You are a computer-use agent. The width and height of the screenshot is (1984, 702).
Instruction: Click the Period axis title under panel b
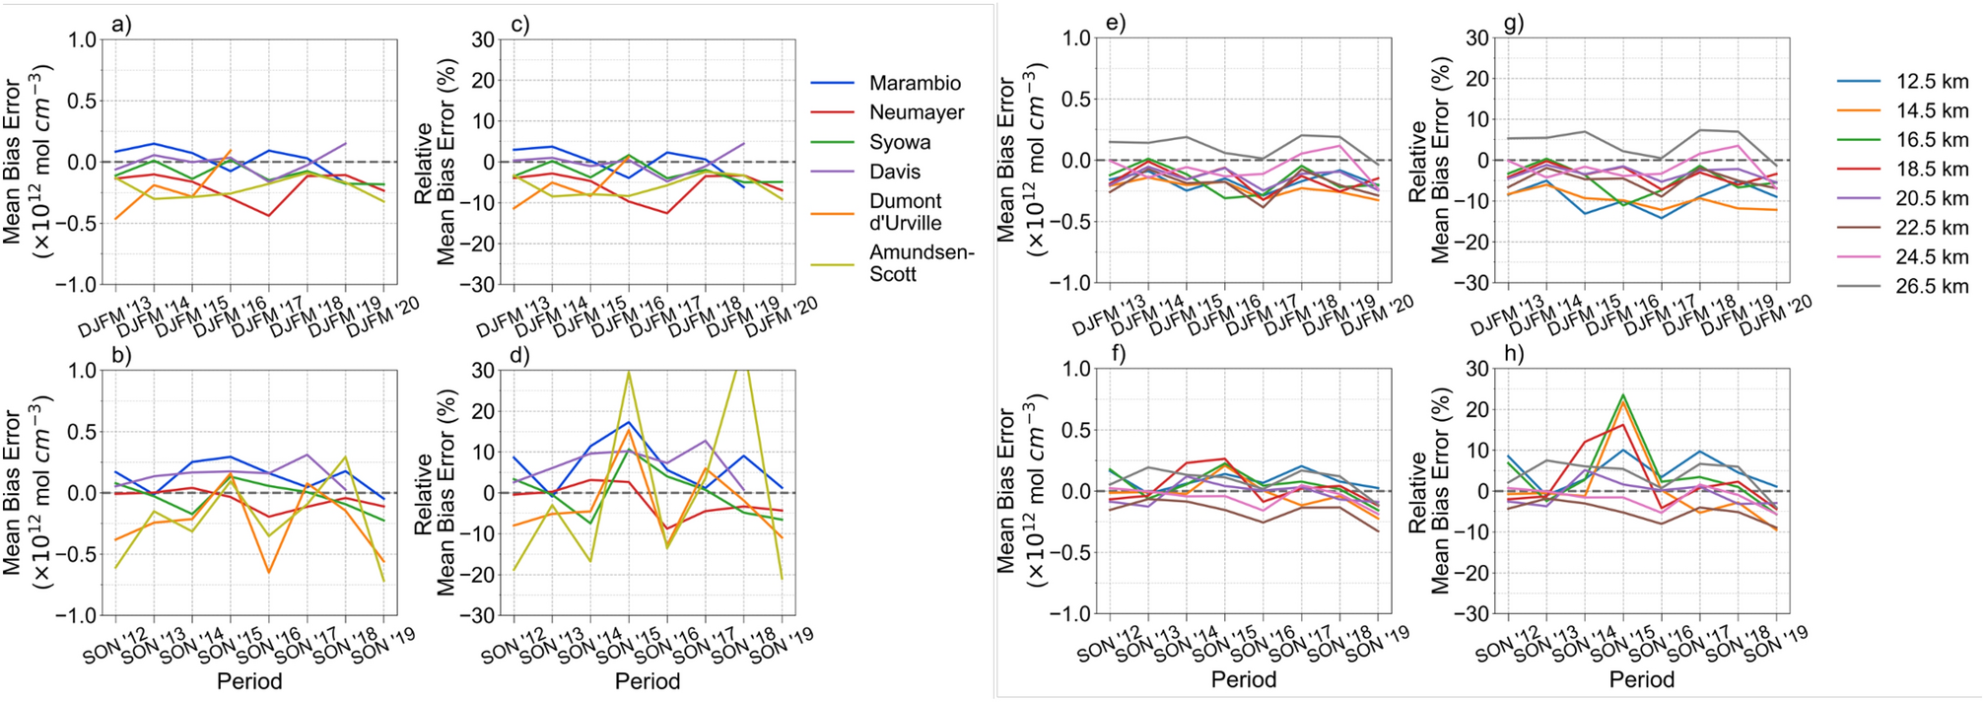point(249,681)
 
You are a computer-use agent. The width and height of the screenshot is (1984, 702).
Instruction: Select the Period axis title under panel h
point(1641,679)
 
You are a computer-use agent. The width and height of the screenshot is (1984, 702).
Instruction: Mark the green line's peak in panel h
point(1622,395)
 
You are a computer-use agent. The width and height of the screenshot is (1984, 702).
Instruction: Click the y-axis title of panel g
point(1429,161)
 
